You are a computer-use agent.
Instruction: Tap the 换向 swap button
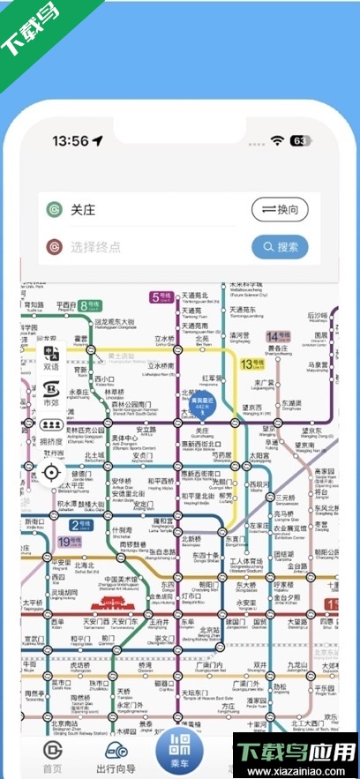click(x=280, y=210)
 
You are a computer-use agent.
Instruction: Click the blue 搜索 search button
click(x=280, y=247)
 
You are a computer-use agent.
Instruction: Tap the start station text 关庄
click(x=83, y=211)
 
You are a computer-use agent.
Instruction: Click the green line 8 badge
click(x=89, y=306)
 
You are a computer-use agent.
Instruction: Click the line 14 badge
click(x=279, y=336)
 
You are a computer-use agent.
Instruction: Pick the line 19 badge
click(x=69, y=542)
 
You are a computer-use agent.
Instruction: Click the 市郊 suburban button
click(x=51, y=393)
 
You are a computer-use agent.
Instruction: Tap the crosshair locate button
click(x=51, y=472)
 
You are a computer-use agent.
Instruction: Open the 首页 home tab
click(x=53, y=756)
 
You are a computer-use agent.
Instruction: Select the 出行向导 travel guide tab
click(x=116, y=756)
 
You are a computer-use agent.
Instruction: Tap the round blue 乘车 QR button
click(x=181, y=751)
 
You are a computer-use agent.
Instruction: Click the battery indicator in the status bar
click(x=300, y=140)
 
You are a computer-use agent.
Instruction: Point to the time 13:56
click(x=71, y=141)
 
